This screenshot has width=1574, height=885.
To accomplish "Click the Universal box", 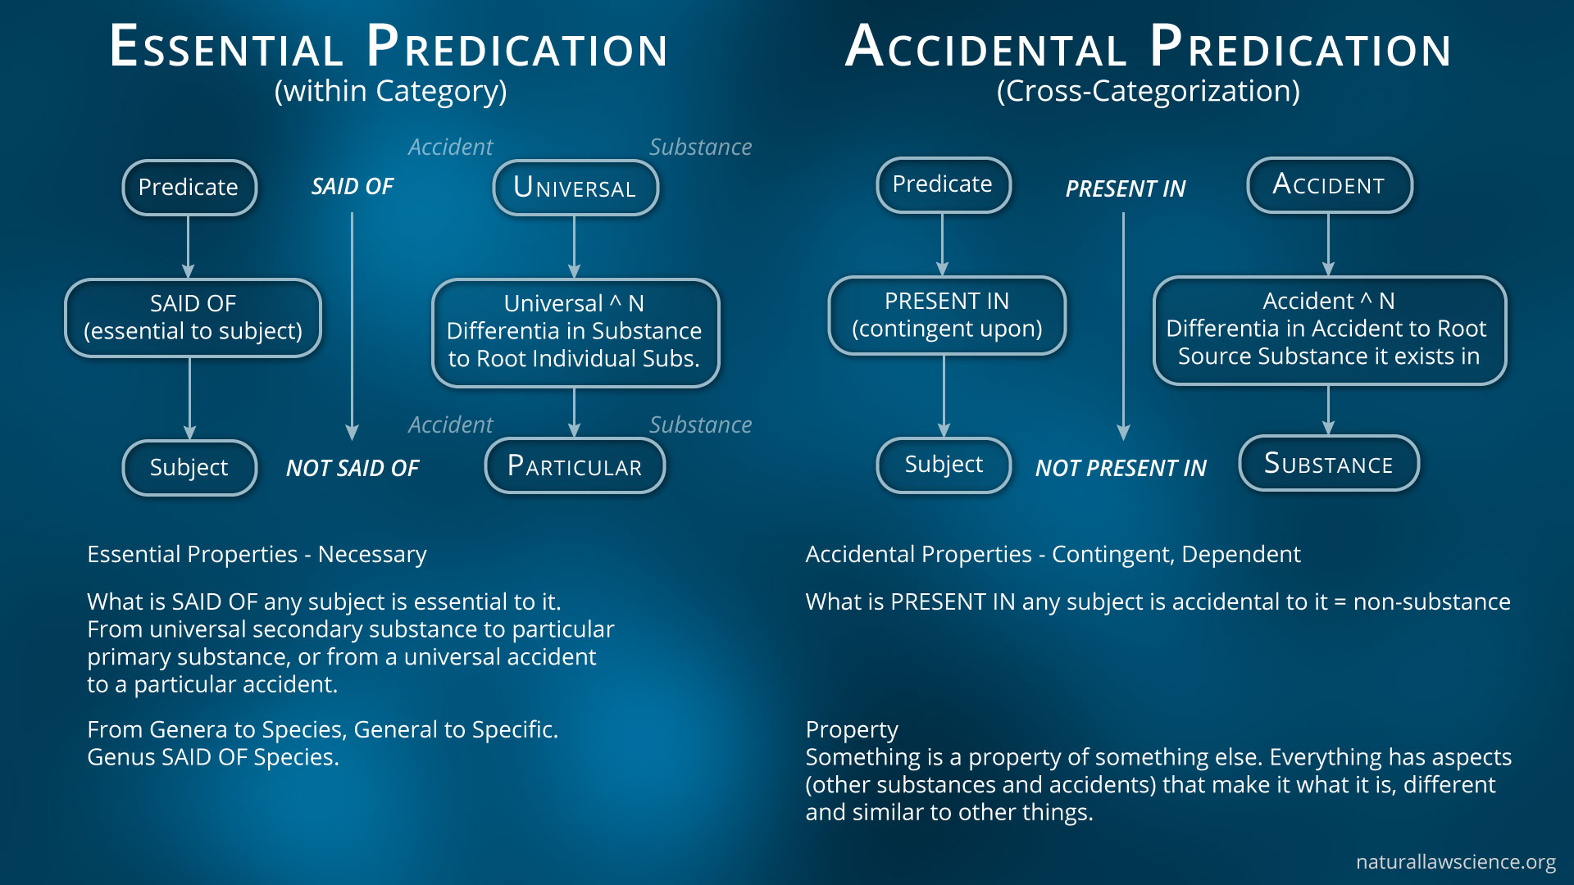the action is tap(575, 188).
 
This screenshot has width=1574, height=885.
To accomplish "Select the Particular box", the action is tap(575, 466).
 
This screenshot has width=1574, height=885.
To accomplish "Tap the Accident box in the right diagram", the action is tap(1329, 185).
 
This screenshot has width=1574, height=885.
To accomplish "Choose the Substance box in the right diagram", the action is tap(1329, 464).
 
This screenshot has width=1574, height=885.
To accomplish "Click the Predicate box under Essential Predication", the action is tap(189, 188).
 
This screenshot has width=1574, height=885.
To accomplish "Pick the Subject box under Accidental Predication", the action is tap(944, 465).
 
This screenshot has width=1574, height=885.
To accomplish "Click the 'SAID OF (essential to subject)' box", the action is tap(193, 318).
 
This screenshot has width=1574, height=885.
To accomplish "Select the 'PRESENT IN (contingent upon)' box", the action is tap(947, 315).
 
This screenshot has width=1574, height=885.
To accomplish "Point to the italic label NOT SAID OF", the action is tap(353, 468).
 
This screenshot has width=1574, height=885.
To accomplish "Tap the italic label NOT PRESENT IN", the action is tap(1121, 468).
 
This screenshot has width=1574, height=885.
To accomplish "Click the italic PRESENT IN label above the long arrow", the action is tap(1126, 188).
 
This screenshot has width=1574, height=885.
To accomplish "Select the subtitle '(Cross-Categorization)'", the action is tap(1148, 91).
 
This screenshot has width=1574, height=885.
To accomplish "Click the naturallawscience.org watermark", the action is tap(1455, 862).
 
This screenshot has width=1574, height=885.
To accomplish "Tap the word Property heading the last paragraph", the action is tap(852, 729).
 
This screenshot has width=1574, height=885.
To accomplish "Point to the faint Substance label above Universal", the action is tap(700, 147).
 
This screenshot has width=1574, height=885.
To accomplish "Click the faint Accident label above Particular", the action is tap(450, 424).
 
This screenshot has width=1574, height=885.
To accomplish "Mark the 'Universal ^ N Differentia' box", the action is tap(575, 332).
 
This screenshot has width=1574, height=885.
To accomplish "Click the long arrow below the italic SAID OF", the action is tap(353, 326).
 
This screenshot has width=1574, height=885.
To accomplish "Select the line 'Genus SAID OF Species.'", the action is tap(213, 757).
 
